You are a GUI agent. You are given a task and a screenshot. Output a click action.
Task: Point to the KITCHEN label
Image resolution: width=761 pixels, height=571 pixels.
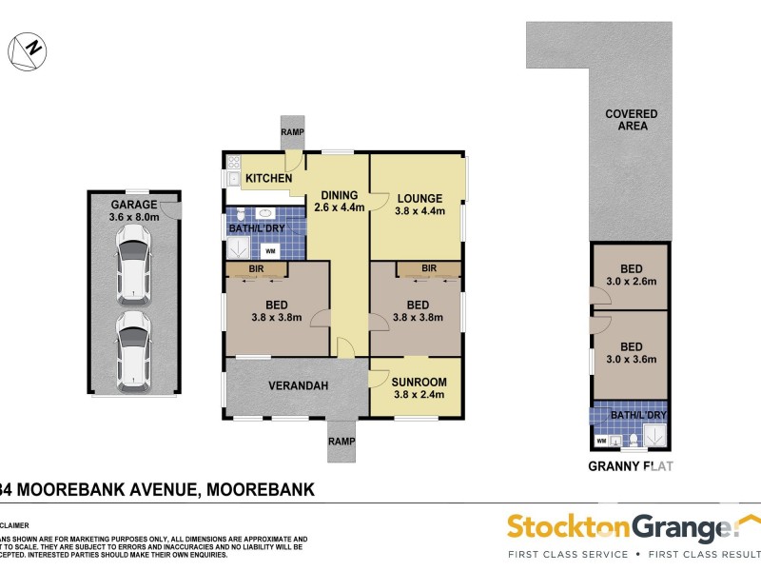269,178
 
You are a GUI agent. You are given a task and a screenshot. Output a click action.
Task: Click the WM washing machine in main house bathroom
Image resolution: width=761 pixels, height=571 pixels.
269,251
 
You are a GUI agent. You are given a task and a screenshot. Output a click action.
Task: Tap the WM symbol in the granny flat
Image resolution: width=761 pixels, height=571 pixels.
601,441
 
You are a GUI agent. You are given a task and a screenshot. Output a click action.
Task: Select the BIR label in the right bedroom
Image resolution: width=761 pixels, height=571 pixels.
428,269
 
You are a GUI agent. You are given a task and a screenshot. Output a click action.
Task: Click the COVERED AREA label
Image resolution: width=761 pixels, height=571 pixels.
631,120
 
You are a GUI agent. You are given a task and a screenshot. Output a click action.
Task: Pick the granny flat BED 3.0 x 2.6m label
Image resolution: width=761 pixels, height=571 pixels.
631,275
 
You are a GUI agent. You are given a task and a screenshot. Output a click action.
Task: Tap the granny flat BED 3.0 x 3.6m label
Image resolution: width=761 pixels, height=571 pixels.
631,352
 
